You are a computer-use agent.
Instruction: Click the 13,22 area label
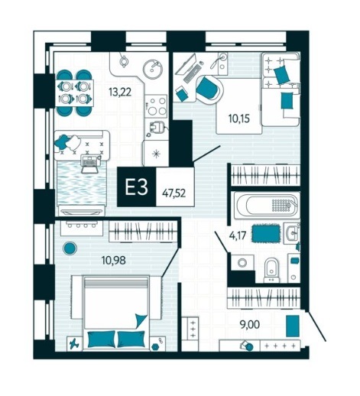click(120, 92)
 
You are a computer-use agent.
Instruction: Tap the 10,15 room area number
click(239, 118)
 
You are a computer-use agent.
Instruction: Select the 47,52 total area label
click(174, 193)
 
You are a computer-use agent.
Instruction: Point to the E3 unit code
click(136, 187)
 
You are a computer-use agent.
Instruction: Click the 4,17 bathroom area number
click(238, 235)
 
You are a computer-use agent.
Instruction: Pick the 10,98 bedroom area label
click(113, 260)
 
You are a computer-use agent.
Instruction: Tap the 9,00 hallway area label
click(250, 325)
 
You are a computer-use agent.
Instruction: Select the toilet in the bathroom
click(272, 270)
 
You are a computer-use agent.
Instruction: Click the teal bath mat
click(266, 233)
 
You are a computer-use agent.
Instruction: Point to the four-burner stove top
click(156, 105)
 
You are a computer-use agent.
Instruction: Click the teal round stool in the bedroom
click(70, 248)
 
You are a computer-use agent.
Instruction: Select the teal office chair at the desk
click(208, 87)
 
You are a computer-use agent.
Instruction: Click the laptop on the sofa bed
click(89, 164)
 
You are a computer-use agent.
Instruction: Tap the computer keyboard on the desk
click(192, 73)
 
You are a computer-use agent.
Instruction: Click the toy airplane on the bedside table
click(75, 344)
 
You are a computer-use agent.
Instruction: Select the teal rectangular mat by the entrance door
click(293, 326)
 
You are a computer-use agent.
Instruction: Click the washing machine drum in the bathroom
click(242, 262)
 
